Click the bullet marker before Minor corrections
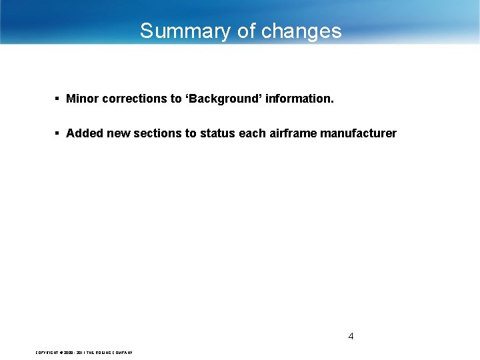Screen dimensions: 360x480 point(58,99)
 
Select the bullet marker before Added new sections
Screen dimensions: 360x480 point(58,133)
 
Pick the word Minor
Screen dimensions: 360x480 point(83,99)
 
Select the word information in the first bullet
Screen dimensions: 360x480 point(300,99)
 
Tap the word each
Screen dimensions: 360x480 point(252,133)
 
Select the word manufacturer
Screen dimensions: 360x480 point(358,133)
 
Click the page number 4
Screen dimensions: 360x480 point(351,336)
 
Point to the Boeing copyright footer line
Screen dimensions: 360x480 point(84,352)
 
